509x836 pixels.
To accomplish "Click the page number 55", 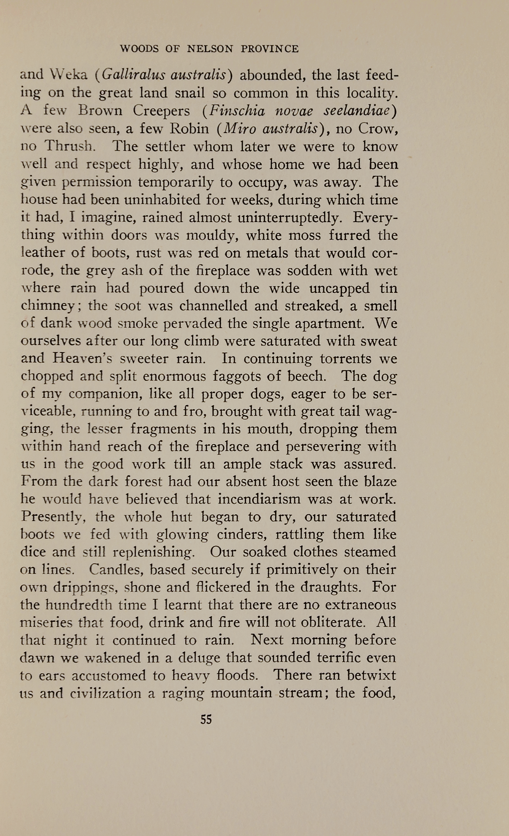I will pyautogui.click(x=206, y=720).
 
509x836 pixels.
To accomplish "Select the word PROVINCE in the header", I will pyautogui.click(x=270, y=49).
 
